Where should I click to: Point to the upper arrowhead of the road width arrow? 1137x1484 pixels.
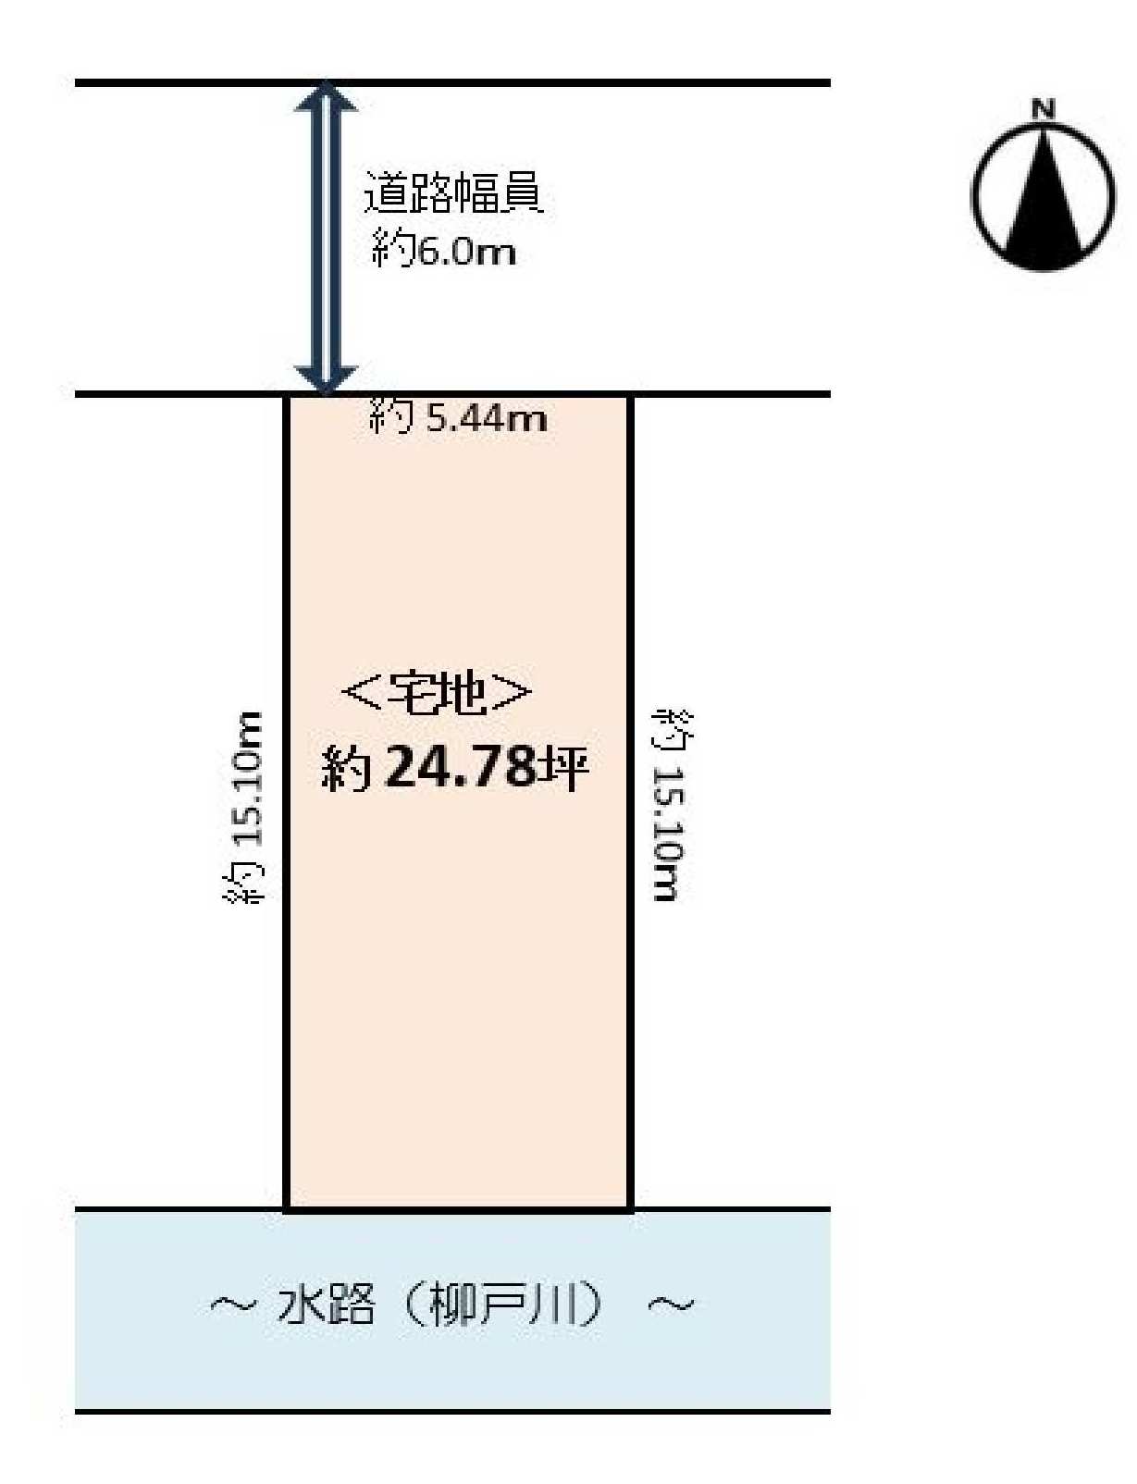(x=326, y=97)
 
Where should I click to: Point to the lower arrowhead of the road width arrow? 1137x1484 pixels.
(x=326, y=379)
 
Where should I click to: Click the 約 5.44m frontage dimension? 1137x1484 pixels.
(x=458, y=416)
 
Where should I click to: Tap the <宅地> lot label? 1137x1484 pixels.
(x=437, y=694)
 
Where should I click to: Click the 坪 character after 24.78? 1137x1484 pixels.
(x=562, y=767)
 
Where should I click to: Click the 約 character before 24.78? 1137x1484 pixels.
(x=347, y=768)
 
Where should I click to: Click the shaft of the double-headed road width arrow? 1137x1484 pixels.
(x=326, y=239)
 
